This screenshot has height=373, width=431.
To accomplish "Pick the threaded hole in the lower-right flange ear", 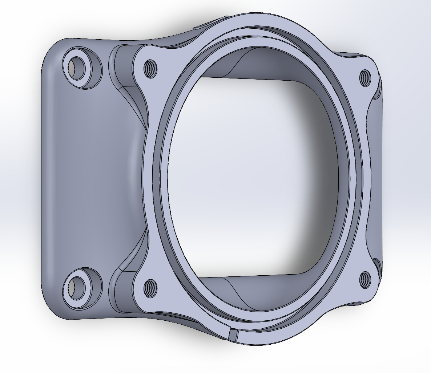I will tap(364, 280).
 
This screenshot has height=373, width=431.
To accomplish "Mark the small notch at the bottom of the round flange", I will tap(233, 335).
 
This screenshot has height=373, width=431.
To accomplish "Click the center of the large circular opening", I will tap(251, 178).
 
